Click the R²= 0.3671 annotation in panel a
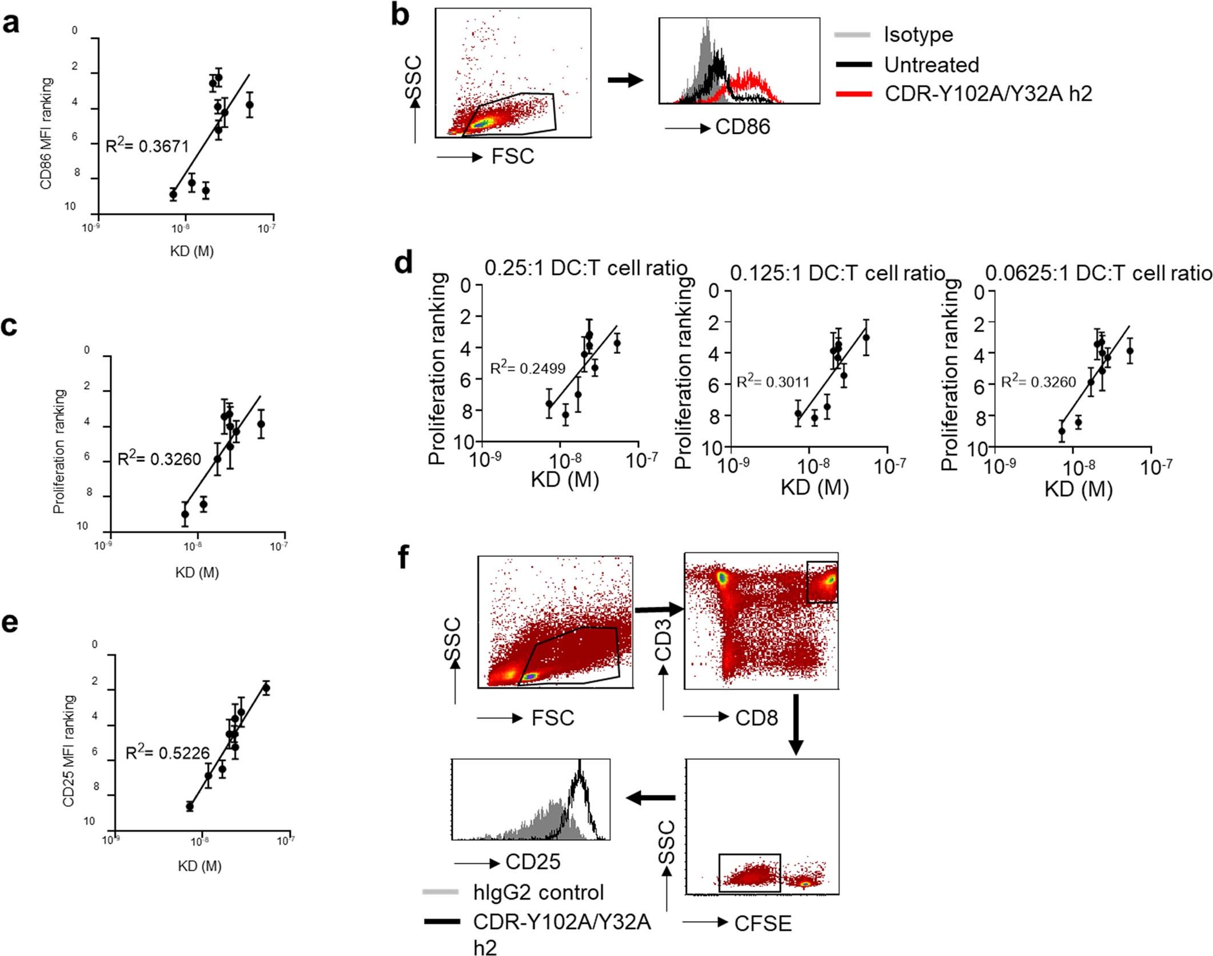tap(147, 146)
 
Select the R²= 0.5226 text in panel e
tap(167, 752)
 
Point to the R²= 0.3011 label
tap(773, 381)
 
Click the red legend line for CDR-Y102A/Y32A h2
tap(853, 93)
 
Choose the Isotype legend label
tap(918, 34)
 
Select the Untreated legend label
tap(931, 65)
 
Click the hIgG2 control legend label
tap(538, 892)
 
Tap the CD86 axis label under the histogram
tap(742, 127)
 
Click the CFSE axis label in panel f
tap(763, 923)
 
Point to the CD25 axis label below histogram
tap(533, 862)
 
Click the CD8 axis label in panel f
tap(756, 718)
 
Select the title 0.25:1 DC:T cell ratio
tap(585, 268)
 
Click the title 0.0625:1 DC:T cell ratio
tap(1098, 273)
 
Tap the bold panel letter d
tap(404, 263)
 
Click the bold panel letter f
tap(404, 556)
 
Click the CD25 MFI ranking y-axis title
tap(69, 751)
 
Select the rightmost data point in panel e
tap(266, 688)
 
